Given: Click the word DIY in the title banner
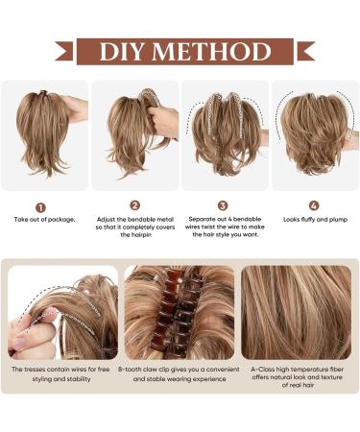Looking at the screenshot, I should [127, 51].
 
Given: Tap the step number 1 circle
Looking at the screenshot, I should [40, 206].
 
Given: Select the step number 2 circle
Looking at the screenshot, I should [134, 204].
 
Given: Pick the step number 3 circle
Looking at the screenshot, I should [223, 204].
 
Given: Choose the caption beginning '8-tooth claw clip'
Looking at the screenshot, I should [179, 373].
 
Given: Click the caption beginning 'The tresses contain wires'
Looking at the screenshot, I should [61, 373].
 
